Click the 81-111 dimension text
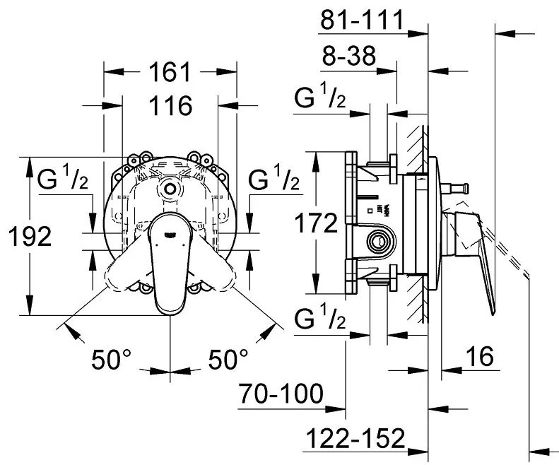[x=360, y=20]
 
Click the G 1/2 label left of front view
[x=63, y=182]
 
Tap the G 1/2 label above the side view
[x=320, y=100]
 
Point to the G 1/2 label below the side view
[x=320, y=322]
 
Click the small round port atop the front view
[x=170, y=189]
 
